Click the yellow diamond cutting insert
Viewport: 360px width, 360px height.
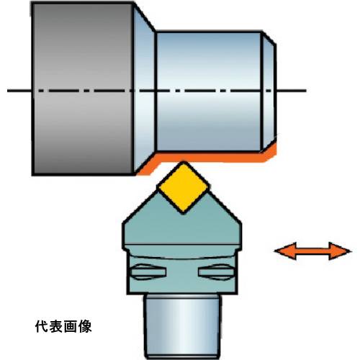coord(183,188)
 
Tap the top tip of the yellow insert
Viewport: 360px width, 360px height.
coord(184,162)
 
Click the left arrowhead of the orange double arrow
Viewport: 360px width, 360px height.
coord(286,251)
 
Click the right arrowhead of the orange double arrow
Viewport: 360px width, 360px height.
coord(340,251)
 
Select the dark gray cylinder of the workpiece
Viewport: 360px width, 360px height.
coord(83,89)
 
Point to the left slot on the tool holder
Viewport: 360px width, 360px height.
coord(148,271)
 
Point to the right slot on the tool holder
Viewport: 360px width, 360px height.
coord(216,271)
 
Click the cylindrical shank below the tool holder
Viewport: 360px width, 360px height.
coord(183,326)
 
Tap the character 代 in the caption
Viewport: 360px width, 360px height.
coord(42,327)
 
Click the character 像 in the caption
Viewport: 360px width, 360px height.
coord(85,327)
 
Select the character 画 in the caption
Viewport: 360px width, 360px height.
coord(71,327)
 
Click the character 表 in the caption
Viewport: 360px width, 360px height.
coord(56,327)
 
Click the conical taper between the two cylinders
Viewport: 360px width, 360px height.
coord(144,89)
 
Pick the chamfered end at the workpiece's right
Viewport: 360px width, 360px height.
coord(269,91)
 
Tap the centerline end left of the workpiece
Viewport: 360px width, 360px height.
coord(8,91)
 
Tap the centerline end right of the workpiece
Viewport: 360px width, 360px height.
coord(306,91)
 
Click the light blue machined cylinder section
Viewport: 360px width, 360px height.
coord(208,91)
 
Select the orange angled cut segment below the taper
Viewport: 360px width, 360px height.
coord(147,166)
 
